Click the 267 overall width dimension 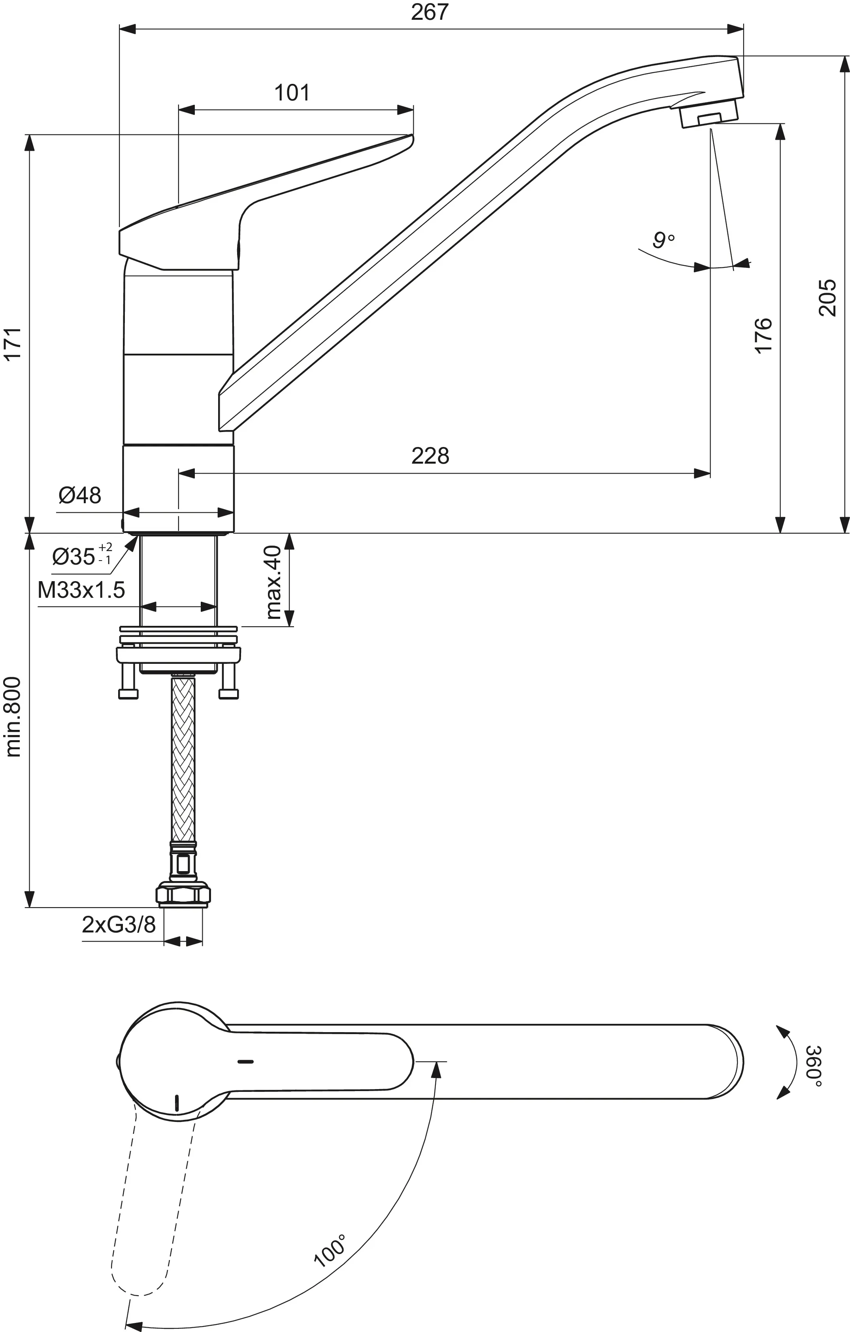click(x=430, y=12)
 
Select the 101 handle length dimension click(x=292, y=93)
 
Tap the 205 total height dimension click(x=827, y=297)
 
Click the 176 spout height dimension click(x=763, y=335)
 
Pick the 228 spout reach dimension click(x=430, y=456)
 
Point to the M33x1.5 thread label click(x=81, y=590)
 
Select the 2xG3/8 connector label click(x=119, y=924)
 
